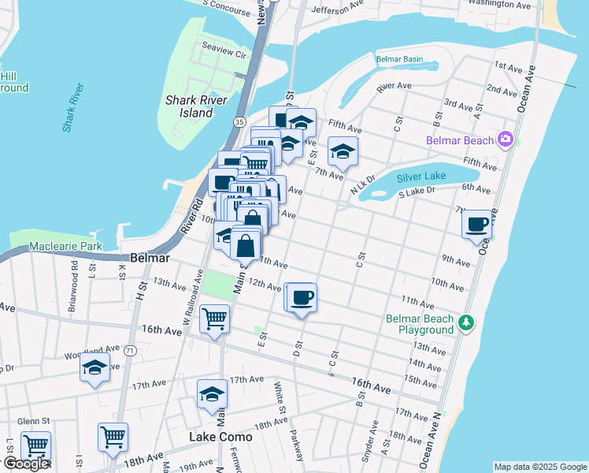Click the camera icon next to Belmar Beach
click(x=506, y=140)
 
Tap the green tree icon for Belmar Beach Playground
click(x=466, y=322)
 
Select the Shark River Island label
click(x=189, y=106)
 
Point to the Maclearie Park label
click(x=66, y=247)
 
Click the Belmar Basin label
click(x=399, y=59)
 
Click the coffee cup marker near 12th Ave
click(x=302, y=298)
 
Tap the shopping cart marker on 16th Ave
click(x=214, y=319)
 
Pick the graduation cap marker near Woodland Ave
click(x=95, y=367)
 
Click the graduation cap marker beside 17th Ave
click(x=212, y=395)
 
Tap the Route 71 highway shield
click(x=129, y=349)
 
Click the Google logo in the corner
click(x=25, y=464)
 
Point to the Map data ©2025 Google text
click(x=540, y=467)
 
